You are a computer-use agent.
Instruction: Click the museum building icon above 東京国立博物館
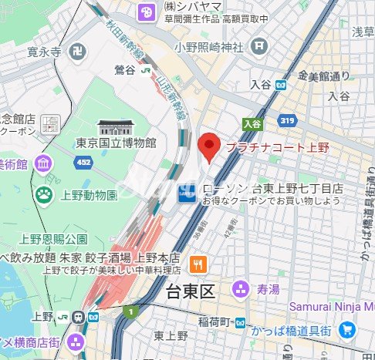pos(117,126)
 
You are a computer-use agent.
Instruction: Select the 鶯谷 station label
pos(123,69)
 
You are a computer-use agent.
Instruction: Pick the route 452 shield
pos(83,163)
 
